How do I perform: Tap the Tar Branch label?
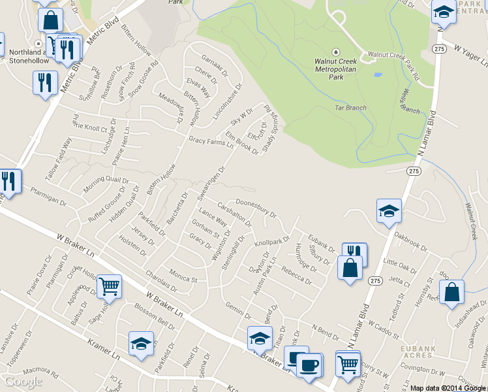click(x=350, y=108)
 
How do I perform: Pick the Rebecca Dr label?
click(x=296, y=274)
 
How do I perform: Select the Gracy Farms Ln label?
click(x=211, y=141)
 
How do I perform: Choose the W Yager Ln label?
click(x=472, y=57)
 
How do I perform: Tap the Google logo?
click(x=23, y=381)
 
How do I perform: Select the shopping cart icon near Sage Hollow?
click(x=109, y=286)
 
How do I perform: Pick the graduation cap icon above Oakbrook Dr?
click(x=389, y=210)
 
